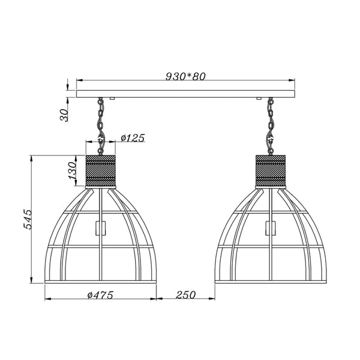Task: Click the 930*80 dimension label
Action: pyautogui.click(x=185, y=76)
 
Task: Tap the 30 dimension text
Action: pyautogui.click(x=64, y=115)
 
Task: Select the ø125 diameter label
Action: pyautogui.click(x=133, y=138)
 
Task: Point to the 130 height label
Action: pyautogui.click(x=72, y=170)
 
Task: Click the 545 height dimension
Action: pyautogui.click(x=28, y=219)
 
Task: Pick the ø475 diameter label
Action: pyautogui.click(x=100, y=295)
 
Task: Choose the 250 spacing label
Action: pyautogui.click(x=186, y=295)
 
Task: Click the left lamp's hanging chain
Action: pyautogui.click(x=100, y=126)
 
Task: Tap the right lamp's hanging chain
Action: pyautogui.click(x=271, y=126)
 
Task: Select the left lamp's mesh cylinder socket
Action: pyautogui.click(x=101, y=171)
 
